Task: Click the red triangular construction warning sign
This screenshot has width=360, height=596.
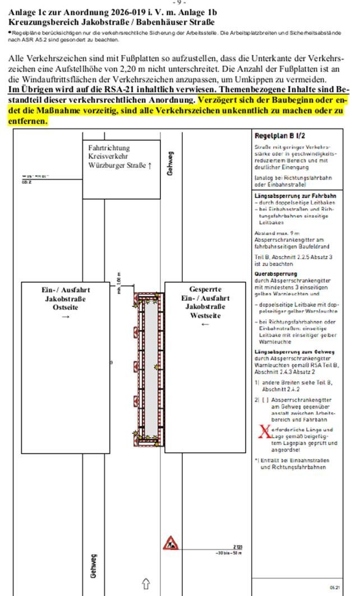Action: click(170, 543)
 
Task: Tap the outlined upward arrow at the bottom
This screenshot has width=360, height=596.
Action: click(146, 584)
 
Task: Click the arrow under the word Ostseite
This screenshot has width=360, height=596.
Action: click(66, 317)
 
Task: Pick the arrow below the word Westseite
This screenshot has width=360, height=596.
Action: click(205, 324)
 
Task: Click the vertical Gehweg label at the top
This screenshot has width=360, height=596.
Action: click(170, 163)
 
